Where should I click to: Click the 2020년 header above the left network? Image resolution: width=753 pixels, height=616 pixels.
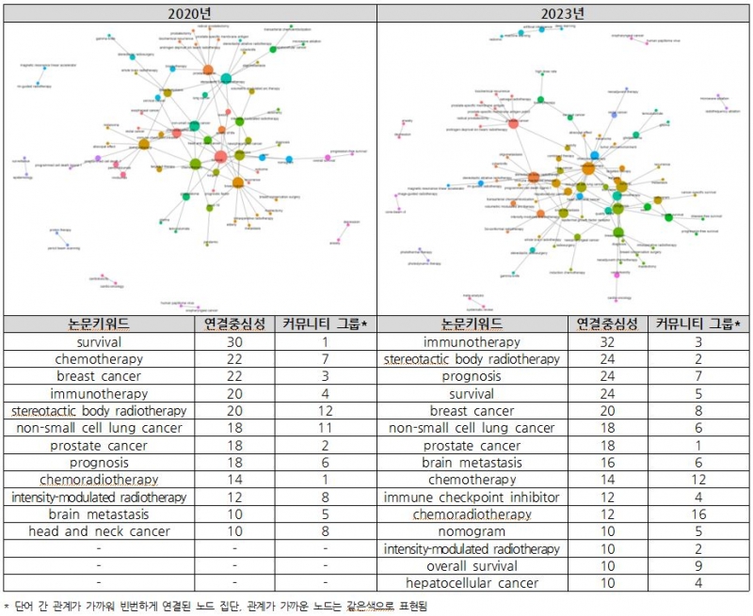(189, 13)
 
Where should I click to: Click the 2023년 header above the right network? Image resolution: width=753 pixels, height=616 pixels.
(564, 13)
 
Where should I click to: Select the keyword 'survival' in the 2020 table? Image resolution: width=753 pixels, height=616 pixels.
(99, 342)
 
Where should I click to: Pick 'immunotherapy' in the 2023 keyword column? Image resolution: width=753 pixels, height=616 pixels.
(472, 342)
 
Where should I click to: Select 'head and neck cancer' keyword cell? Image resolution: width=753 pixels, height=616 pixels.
(99, 531)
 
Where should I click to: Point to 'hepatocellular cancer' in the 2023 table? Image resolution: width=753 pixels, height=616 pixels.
(472, 583)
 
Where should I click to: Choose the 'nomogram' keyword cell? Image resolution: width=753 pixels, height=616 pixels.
(472, 531)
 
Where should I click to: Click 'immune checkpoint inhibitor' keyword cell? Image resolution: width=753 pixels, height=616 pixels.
(472, 498)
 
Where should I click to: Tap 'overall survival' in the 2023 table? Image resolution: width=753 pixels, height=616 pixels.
(472, 566)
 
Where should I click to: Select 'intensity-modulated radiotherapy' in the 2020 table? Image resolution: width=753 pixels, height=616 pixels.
(99, 498)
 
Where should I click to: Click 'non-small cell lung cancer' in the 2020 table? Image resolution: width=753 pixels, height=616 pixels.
(99, 428)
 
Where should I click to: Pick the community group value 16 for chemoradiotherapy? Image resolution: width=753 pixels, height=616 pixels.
(698, 514)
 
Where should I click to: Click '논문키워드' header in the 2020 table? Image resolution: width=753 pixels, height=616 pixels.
(99, 324)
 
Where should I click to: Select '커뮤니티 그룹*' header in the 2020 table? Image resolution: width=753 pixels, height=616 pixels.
(325, 324)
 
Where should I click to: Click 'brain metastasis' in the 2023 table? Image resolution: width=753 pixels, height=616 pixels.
(472, 463)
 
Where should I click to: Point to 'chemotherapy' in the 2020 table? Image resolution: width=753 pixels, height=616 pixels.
(99, 359)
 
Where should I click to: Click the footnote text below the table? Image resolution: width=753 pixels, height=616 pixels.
(216, 606)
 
